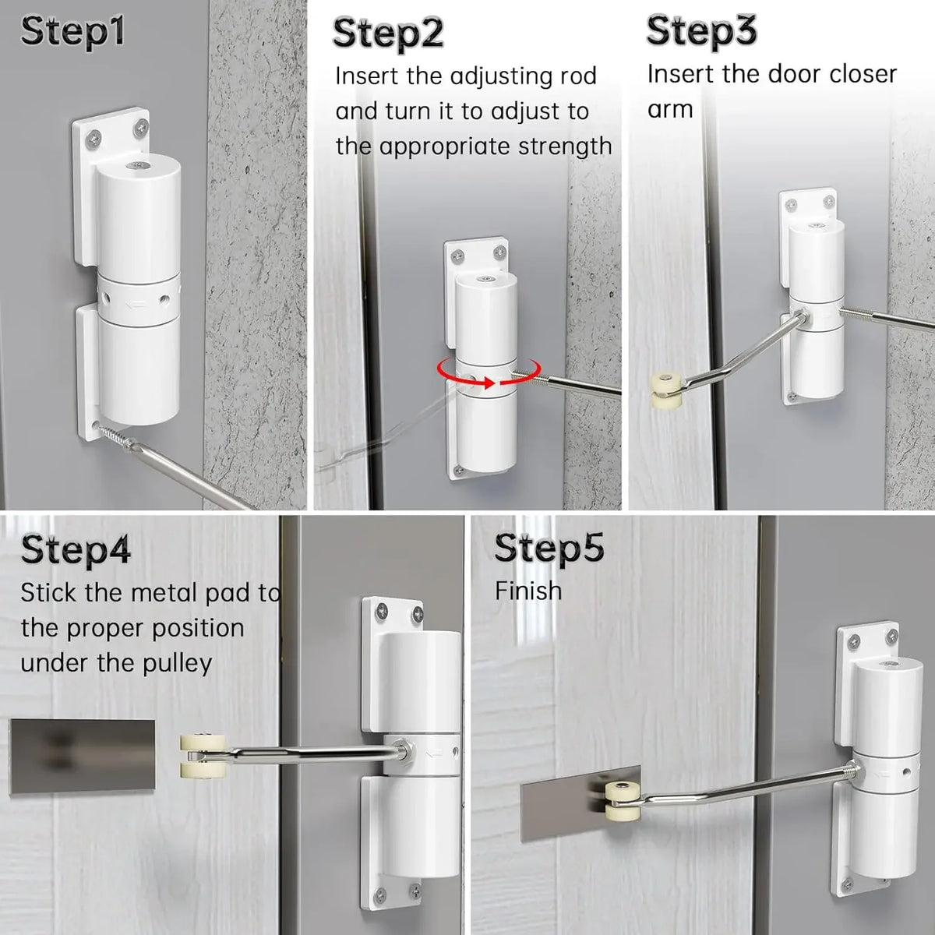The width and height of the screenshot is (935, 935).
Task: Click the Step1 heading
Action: (72, 33)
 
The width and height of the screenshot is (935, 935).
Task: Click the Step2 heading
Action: (388, 34)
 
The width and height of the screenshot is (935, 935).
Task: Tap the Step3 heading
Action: (700, 31)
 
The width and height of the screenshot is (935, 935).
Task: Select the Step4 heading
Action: (76, 550)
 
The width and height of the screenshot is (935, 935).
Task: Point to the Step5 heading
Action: (549, 548)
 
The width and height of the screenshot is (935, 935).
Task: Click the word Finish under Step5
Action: (528, 591)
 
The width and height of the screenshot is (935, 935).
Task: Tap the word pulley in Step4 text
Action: (173, 663)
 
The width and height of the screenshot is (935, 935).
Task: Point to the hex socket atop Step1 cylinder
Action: (137, 166)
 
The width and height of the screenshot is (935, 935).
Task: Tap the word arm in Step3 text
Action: (670, 109)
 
